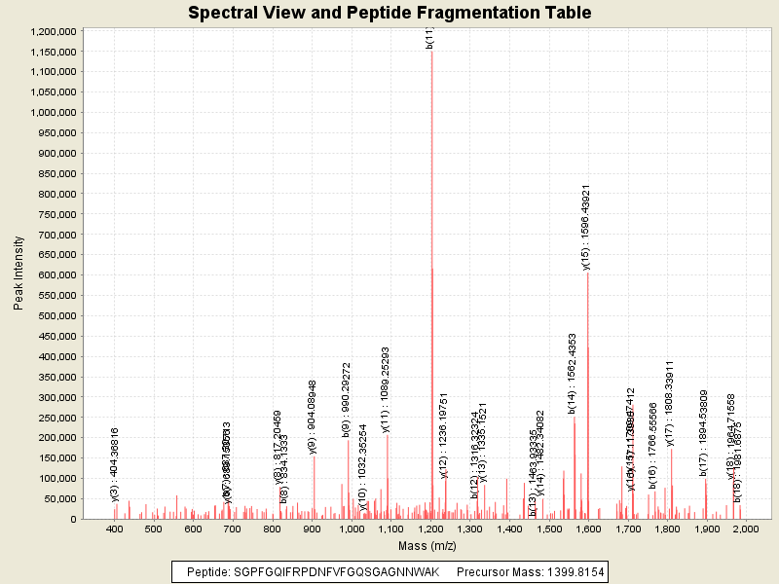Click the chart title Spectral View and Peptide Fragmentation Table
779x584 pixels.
pyautogui.click(x=389, y=13)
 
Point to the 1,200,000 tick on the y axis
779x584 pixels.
pyautogui.click(x=52, y=31)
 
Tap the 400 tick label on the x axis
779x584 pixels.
pyautogui.click(x=115, y=529)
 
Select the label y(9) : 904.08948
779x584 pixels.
pyautogui.click(x=313, y=417)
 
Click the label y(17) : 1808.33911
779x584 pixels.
pyautogui.click(x=670, y=403)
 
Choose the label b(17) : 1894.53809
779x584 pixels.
pyautogui.click(x=704, y=433)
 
